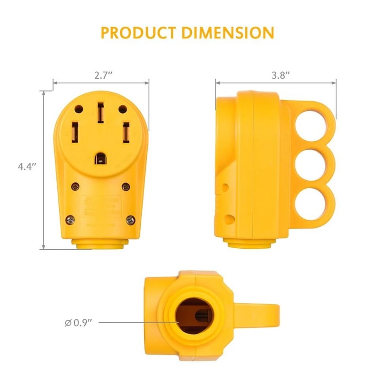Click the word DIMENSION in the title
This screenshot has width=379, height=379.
pyautogui.click(x=229, y=33)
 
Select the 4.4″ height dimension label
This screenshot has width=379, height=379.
pyautogui.click(x=27, y=166)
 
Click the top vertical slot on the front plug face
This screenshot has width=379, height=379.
pyautogui.click(x=100, y=113)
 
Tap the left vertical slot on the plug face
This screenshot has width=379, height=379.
pyautogui.click(x=75, y=134)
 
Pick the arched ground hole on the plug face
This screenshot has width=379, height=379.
pyautogui.click(x=100, y=157)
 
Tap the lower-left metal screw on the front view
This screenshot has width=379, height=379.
pyautogui.click(x=70, y=219)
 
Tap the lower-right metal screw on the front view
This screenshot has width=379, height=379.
pyautogui.click(x=130, y=219)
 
